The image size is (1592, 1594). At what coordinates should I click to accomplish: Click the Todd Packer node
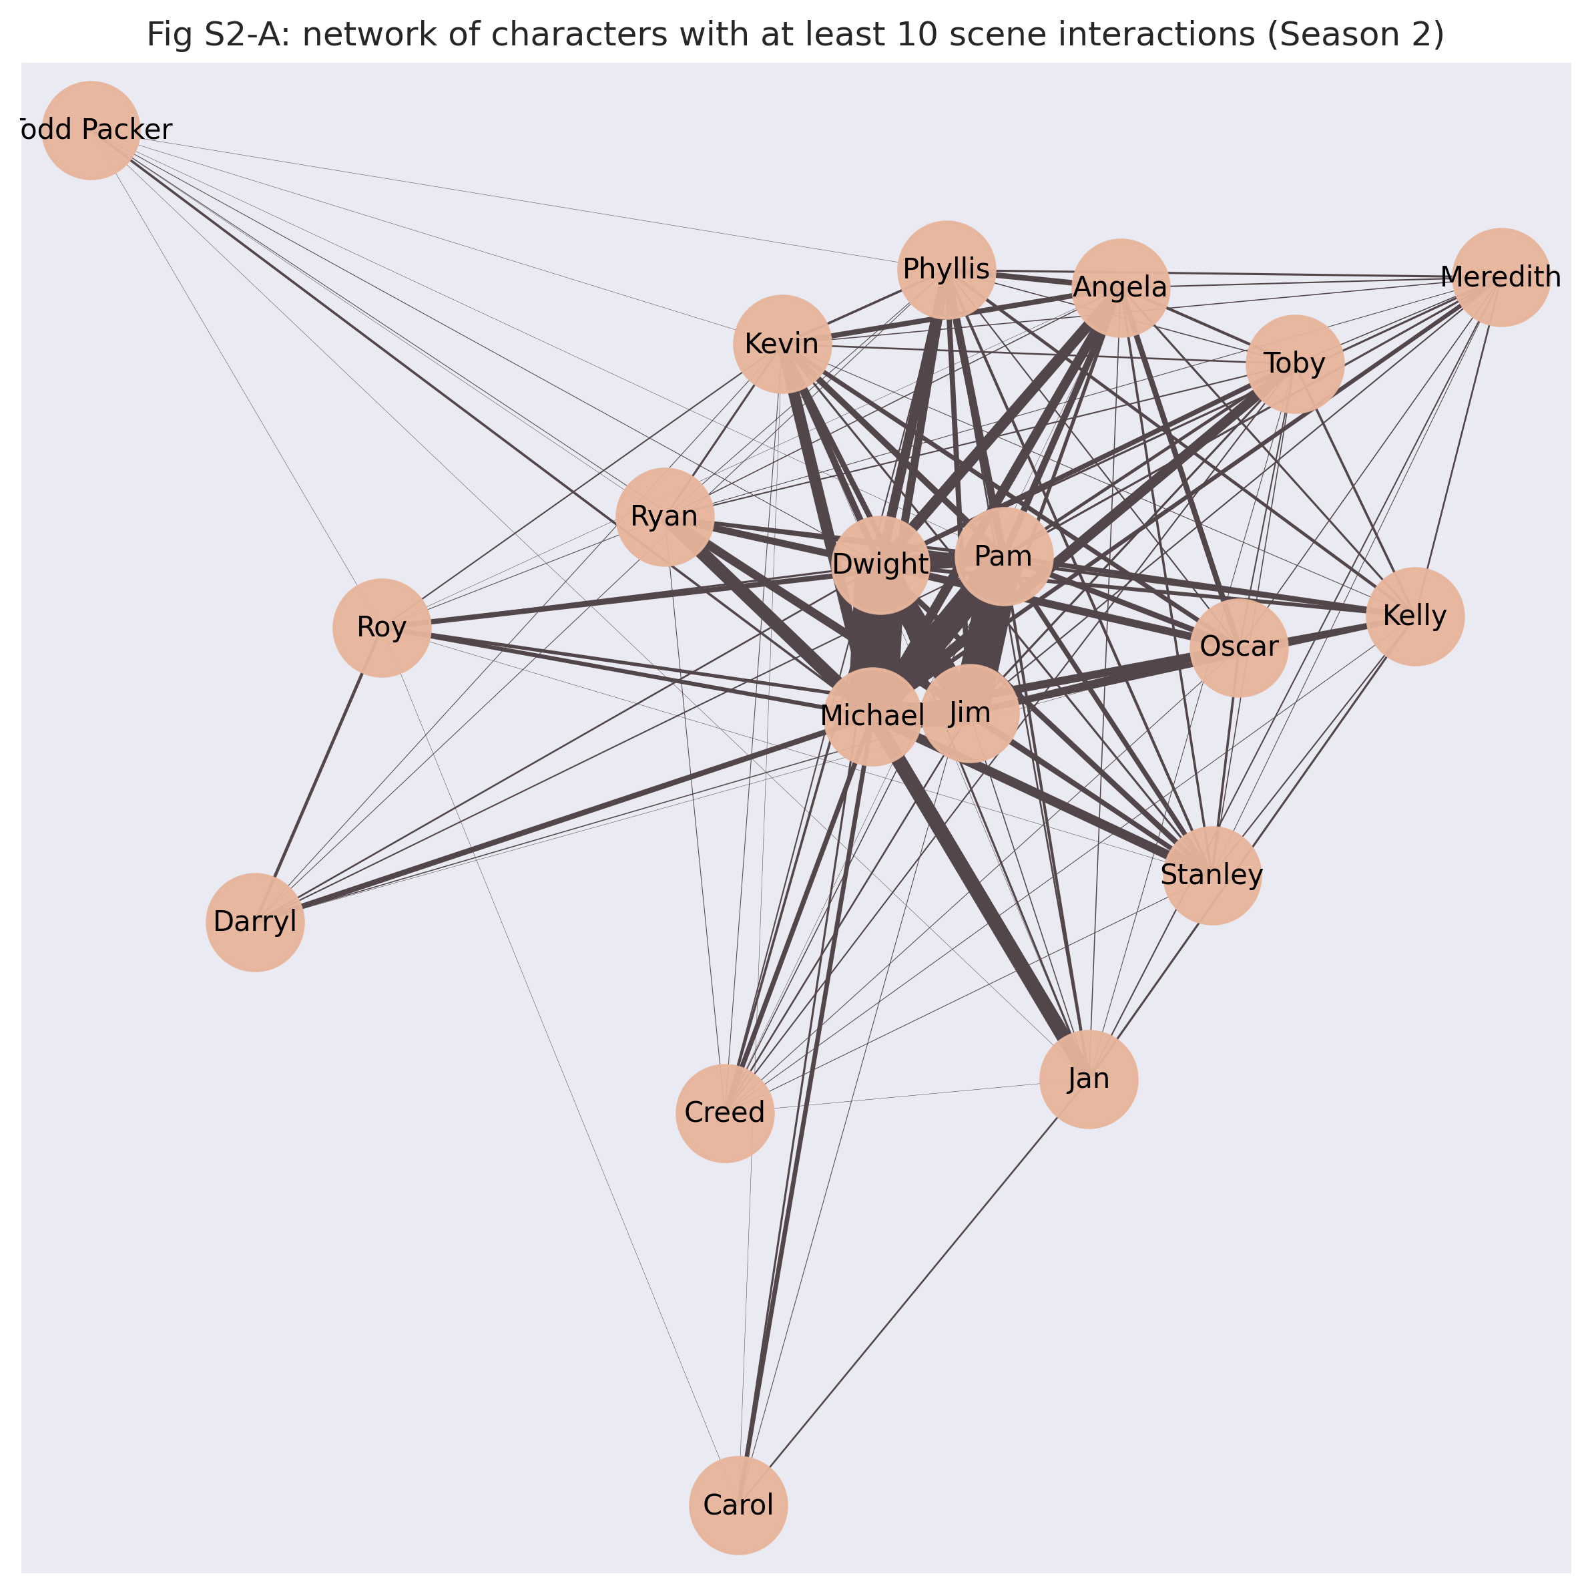coord(91,130)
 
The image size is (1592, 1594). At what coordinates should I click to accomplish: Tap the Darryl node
coord(255,922)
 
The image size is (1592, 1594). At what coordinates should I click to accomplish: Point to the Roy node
coord(382,628)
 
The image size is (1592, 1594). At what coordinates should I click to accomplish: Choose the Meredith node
coord(1501,277)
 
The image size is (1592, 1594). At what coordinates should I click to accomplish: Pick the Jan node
coord(1089,1079)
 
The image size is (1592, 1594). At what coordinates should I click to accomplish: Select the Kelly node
coord(1414,616)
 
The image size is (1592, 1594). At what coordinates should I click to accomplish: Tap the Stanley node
coord(1212,875)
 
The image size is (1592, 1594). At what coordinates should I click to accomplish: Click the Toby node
coord(1294,364)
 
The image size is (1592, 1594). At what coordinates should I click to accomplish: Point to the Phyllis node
coord(946,270)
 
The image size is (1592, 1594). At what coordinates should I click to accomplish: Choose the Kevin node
coord(782,344)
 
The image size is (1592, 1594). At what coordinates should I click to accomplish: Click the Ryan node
coord(664,518)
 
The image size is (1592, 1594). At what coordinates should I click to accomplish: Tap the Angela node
coord(1120,288)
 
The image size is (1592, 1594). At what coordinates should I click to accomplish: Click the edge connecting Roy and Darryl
coord(318,775)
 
